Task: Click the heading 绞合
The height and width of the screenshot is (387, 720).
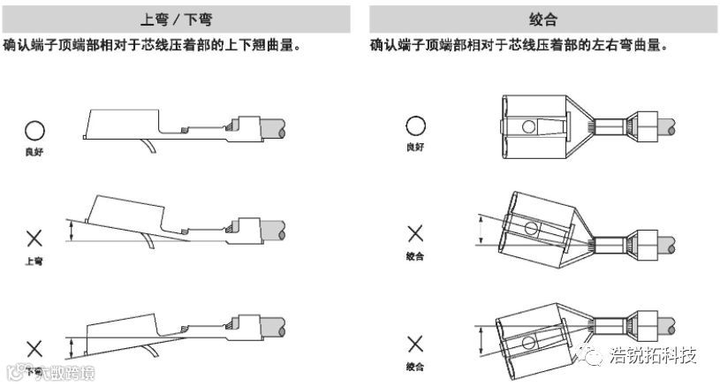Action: point(542,18)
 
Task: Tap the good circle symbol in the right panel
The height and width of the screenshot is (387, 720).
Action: point(415,126)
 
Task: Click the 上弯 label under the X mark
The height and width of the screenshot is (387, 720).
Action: point(34,262)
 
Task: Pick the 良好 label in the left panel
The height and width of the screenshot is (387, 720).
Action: point(34,152)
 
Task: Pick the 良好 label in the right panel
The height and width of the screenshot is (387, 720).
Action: point(415,147)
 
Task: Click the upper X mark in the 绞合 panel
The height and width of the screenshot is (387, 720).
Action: point(415,233)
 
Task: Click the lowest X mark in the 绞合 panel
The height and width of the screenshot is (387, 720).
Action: point(415,344)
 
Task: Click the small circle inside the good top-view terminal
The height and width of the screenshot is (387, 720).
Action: point(528,127)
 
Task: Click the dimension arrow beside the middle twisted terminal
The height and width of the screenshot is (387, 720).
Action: point(479,230)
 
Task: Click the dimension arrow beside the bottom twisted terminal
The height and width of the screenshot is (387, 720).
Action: point(479,341)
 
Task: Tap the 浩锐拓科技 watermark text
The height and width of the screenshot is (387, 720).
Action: point(654,356)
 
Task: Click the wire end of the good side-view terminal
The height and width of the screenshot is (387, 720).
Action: point(277,129)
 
